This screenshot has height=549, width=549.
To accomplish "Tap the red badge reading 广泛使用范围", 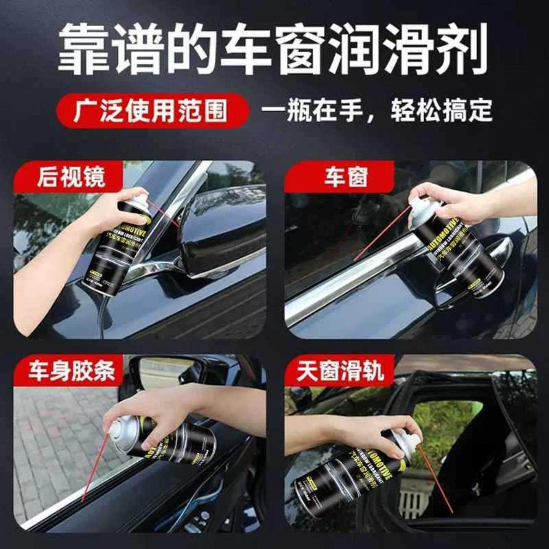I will click(x=151, y=111).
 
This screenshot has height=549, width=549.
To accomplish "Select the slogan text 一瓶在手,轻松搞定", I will click(x=377, y=111).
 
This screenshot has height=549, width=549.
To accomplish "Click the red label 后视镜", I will click(x=71, y=177).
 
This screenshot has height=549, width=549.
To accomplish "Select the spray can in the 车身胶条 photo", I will click(x=168, y=438).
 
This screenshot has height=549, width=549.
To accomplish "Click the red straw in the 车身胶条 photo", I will click(x=93, y=469).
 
